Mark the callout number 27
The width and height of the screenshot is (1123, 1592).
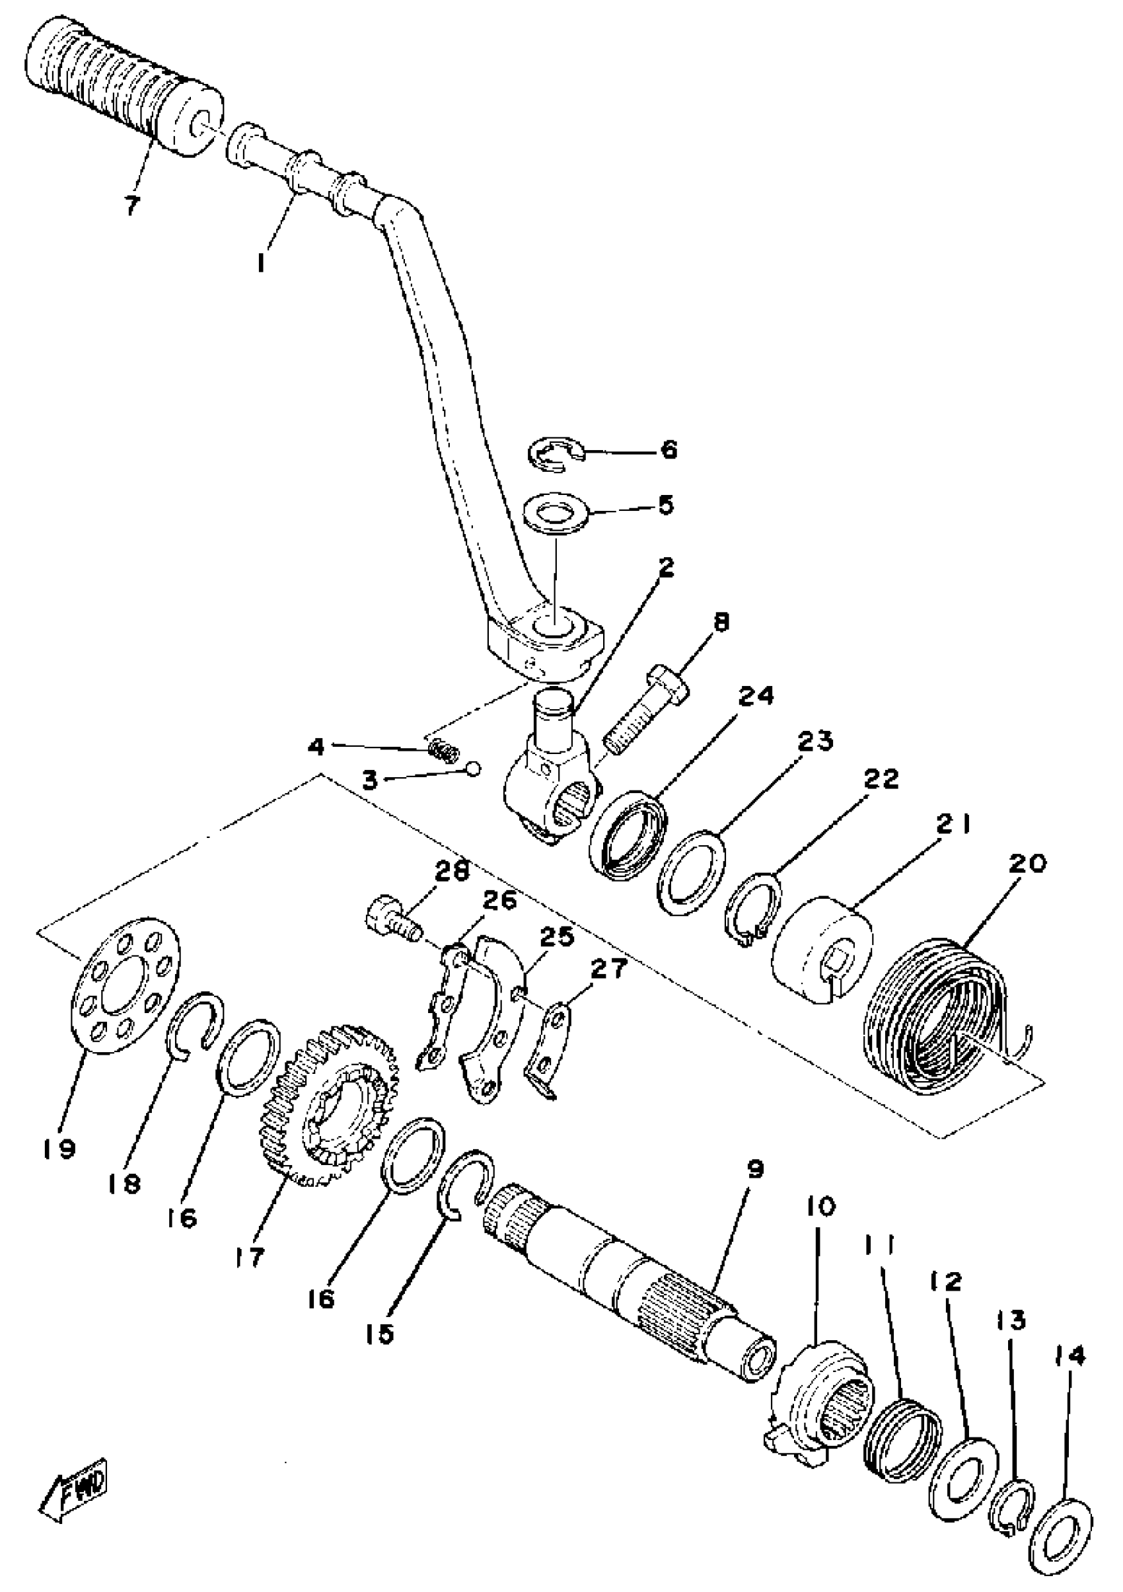608,968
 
